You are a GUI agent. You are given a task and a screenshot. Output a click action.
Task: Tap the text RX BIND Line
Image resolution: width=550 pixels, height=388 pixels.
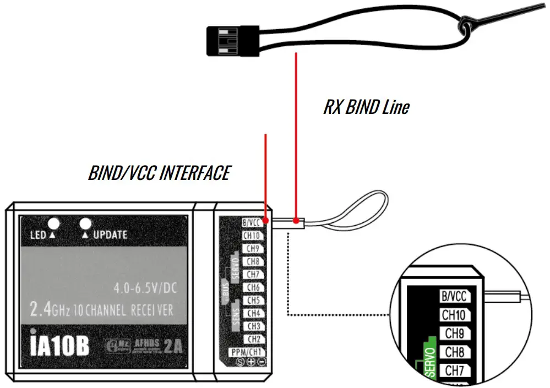366,107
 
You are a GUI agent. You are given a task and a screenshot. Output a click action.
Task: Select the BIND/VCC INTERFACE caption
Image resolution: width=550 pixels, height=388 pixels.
159,173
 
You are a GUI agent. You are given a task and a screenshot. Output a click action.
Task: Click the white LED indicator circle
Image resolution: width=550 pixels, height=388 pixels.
54,223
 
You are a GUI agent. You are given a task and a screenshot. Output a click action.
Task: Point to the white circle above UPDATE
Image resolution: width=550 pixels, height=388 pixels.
85,223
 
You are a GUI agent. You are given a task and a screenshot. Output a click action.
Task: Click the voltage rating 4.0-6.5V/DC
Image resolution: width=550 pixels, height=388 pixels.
146,288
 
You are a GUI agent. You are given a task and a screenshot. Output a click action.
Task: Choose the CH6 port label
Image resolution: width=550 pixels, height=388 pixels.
253,287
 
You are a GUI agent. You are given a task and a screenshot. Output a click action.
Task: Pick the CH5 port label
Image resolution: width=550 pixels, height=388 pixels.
253,300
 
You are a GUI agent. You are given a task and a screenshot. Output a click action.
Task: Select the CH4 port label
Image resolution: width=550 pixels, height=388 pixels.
253,313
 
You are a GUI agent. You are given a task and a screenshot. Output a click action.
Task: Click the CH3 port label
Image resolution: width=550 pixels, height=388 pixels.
253,326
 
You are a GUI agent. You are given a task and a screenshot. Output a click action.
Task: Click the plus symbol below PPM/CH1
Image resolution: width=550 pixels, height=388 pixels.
251,362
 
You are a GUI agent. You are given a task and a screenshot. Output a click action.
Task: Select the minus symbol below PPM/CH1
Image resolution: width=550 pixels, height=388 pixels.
261,362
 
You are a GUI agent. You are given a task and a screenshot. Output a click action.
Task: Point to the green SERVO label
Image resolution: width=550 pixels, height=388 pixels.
430,362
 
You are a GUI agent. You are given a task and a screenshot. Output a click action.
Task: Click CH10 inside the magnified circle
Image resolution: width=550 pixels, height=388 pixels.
454,315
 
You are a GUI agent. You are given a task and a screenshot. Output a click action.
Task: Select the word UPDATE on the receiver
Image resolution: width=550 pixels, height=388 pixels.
110,235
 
